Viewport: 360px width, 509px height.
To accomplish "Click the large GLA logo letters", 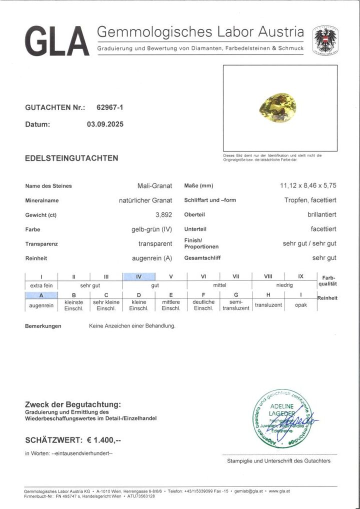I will tap(56, 41).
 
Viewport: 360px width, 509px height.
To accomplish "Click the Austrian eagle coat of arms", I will tap(325, 40).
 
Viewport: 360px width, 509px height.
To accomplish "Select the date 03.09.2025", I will tap(105, 124).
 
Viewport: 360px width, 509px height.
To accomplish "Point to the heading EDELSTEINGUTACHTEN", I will tap(71, 158).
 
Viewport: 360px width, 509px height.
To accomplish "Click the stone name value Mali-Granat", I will tap(154, 186).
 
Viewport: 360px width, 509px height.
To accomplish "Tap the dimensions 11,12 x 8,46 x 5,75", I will tap(308, 186).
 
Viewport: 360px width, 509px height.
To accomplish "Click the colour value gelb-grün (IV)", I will tap(148, 229).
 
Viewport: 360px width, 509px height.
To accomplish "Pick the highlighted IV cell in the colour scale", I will tap(138, 276).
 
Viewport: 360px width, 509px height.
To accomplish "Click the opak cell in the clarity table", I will tap(301, 305).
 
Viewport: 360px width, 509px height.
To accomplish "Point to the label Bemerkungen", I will tap(43, 326).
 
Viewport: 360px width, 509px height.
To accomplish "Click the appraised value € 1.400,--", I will tap(104, 440).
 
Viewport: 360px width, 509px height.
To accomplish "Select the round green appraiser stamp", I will tap(281, 418).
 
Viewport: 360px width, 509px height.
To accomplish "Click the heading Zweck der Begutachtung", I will tap(72, 404).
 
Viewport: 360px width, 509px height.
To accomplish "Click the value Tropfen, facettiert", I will tap(307, 200).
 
